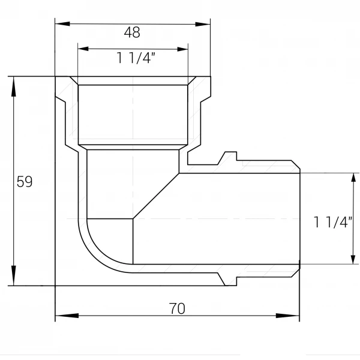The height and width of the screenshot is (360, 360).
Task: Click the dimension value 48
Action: tap(132, 32)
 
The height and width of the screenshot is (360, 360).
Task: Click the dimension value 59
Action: tap(25, 182)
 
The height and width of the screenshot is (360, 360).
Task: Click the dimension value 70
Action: tap(177, 308)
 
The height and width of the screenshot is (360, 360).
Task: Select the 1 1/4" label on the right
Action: tap(332, 222)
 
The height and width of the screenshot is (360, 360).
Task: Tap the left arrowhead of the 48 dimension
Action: tap(62, 23)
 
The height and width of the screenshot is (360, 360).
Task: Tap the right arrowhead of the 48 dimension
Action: tap(203, 24)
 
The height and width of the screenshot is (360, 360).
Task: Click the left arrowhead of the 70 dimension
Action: tap(67, 316)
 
